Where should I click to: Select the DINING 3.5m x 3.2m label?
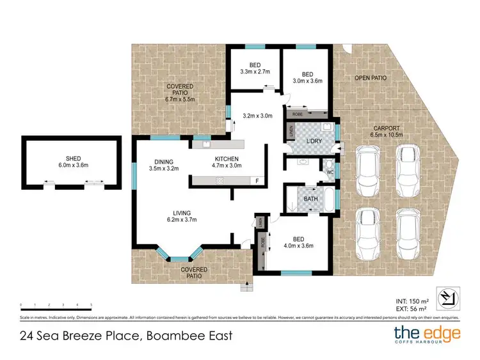coord(156,165)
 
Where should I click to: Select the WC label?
coord(329,172)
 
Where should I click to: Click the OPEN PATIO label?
coord(371,77)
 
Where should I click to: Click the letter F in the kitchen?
coord(257,181)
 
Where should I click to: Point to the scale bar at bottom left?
coord(56,305)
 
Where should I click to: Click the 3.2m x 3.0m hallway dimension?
coord(258,116)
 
